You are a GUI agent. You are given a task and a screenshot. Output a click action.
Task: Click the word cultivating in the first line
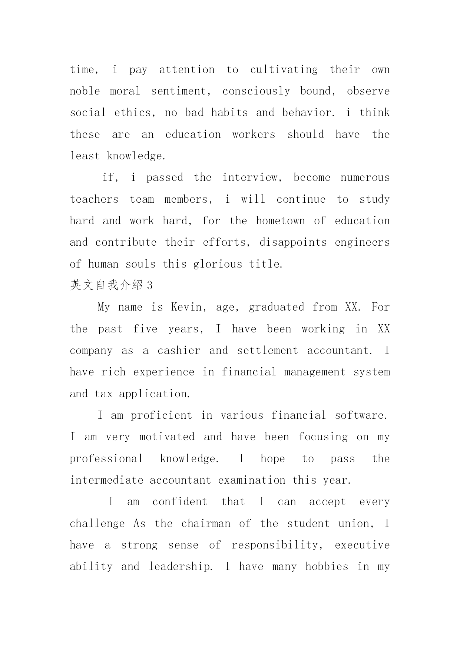pyautogui.click(x=284, y=70)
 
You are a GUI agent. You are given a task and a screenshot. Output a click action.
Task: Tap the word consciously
pyautogui.click(x=256, y=91)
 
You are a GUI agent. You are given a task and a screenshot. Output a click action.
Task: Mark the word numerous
pyautogui.click(x=365, y=178)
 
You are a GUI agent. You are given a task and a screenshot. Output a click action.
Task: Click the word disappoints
pyautogui.click(x=293, y=242)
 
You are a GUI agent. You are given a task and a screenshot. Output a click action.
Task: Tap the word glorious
pyautogui.click(x=218, y=264)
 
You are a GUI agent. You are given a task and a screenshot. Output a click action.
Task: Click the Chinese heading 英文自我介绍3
pyautogui.click(x=111, y=285)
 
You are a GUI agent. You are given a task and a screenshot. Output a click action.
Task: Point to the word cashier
pyautogui.click(x=179, y=351)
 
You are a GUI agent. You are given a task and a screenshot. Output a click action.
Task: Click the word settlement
pyautogui.click(x=267, y=351)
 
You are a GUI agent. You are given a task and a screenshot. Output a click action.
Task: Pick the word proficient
pyautogui.click(x=162, y=415)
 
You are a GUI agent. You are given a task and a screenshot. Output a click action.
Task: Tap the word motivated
pyautogui.click(x=167, y=437)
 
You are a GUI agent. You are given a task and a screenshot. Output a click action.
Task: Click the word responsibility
pyautogui.click(x=275, y=545)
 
